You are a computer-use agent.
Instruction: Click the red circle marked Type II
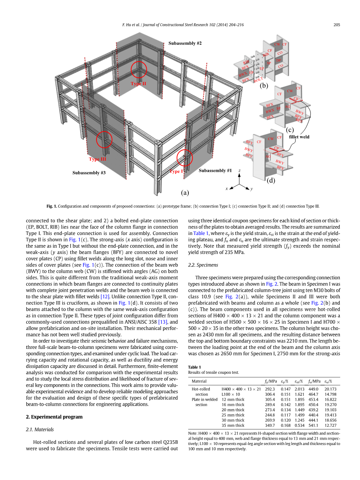click(139, 70)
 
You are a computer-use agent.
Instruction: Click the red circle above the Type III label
click(104, 139)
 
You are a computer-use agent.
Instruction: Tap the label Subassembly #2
click(185, 43)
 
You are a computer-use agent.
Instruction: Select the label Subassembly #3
click(89, 173)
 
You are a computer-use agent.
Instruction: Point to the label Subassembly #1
click(215, 170)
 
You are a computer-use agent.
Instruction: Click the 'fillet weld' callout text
click(299, 137)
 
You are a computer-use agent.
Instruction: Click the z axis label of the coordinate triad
click(240, 171)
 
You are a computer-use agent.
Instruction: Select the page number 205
click(337, 25)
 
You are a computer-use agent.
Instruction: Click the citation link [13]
click(162, 322)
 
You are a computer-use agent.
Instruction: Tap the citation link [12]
click(105, 296)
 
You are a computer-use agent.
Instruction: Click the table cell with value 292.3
click(270, 389)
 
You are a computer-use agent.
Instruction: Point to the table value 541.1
click(313, 426)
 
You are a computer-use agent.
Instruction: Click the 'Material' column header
click(199, 381)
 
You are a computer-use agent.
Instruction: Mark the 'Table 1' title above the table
click(194, 367)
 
